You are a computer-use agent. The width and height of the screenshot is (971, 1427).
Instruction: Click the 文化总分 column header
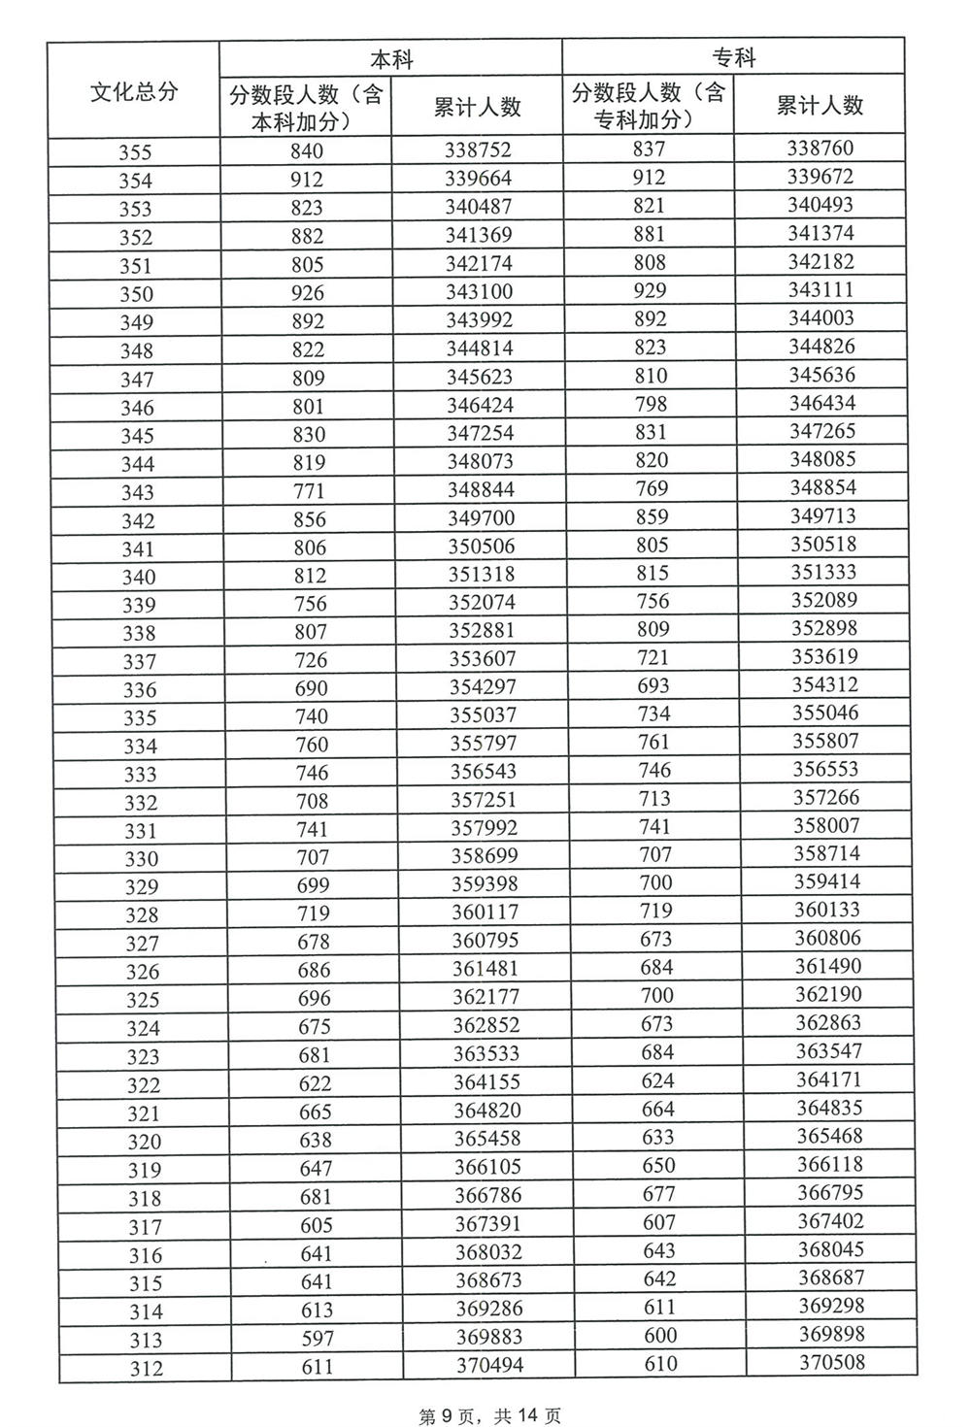click(134, 92)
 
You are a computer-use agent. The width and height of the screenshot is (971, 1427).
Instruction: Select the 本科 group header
click(390, 59)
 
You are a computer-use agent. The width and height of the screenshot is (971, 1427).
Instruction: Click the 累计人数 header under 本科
click(477, 107)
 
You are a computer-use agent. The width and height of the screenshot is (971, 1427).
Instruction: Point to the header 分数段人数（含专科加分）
click(648, 106)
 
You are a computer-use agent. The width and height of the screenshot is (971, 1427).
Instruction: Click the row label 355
click(135, 152)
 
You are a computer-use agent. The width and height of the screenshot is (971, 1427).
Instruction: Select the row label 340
click(138, 577)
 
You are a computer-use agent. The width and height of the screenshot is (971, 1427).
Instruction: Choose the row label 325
click(142, 1000)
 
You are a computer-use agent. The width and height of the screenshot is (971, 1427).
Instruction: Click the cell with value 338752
click(478, 150)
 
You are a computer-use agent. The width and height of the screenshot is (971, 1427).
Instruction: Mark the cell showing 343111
click(821, 290)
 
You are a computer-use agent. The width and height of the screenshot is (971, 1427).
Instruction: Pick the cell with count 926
click(308, 293)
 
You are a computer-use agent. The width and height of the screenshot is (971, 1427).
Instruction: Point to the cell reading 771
click(309, 491)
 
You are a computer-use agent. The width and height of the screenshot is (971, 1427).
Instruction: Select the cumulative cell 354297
click(483, 687)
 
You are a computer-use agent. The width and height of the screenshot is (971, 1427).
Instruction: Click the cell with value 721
click(653, 657)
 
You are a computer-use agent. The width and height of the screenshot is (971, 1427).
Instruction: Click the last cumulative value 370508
click(831, 1363)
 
